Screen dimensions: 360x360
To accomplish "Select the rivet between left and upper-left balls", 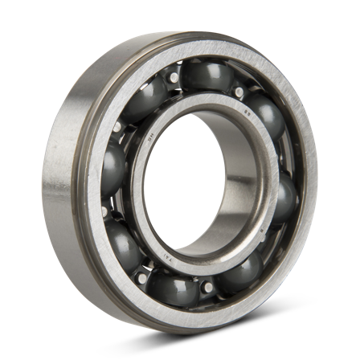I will click(x=121, y=129).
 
